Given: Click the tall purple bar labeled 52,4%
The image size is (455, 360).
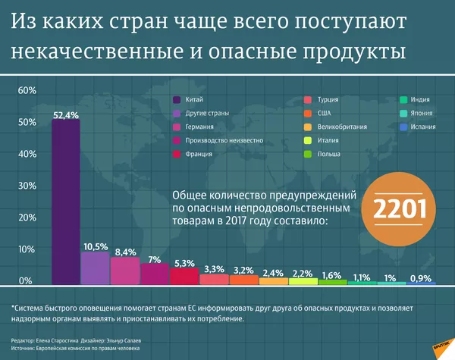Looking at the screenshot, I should click(x=65, y=201).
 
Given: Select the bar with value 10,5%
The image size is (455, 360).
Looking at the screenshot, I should click(x=95, y=268).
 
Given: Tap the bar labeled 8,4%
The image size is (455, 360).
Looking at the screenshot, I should click(x=125, y=271).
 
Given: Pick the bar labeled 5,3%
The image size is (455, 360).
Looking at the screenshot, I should click(x=184, y=276).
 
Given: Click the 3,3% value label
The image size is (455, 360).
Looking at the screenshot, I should click(x=214, y=269).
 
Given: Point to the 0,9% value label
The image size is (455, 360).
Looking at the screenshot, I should click(x=422, y=277).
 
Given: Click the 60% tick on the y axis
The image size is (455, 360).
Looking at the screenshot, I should click(x=27, y=91).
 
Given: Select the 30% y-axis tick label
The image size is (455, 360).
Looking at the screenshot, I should click(x=27, y=186).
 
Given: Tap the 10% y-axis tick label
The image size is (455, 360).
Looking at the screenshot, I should click(x=27, y=249).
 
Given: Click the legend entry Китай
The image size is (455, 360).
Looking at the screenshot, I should click(x=194, y=100).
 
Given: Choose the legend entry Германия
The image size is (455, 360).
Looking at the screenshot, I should click(x=199, y=127).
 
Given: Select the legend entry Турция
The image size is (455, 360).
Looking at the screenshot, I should click(x=327, y=100).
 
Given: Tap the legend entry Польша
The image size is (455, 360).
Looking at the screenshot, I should click(x=328, y=154).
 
